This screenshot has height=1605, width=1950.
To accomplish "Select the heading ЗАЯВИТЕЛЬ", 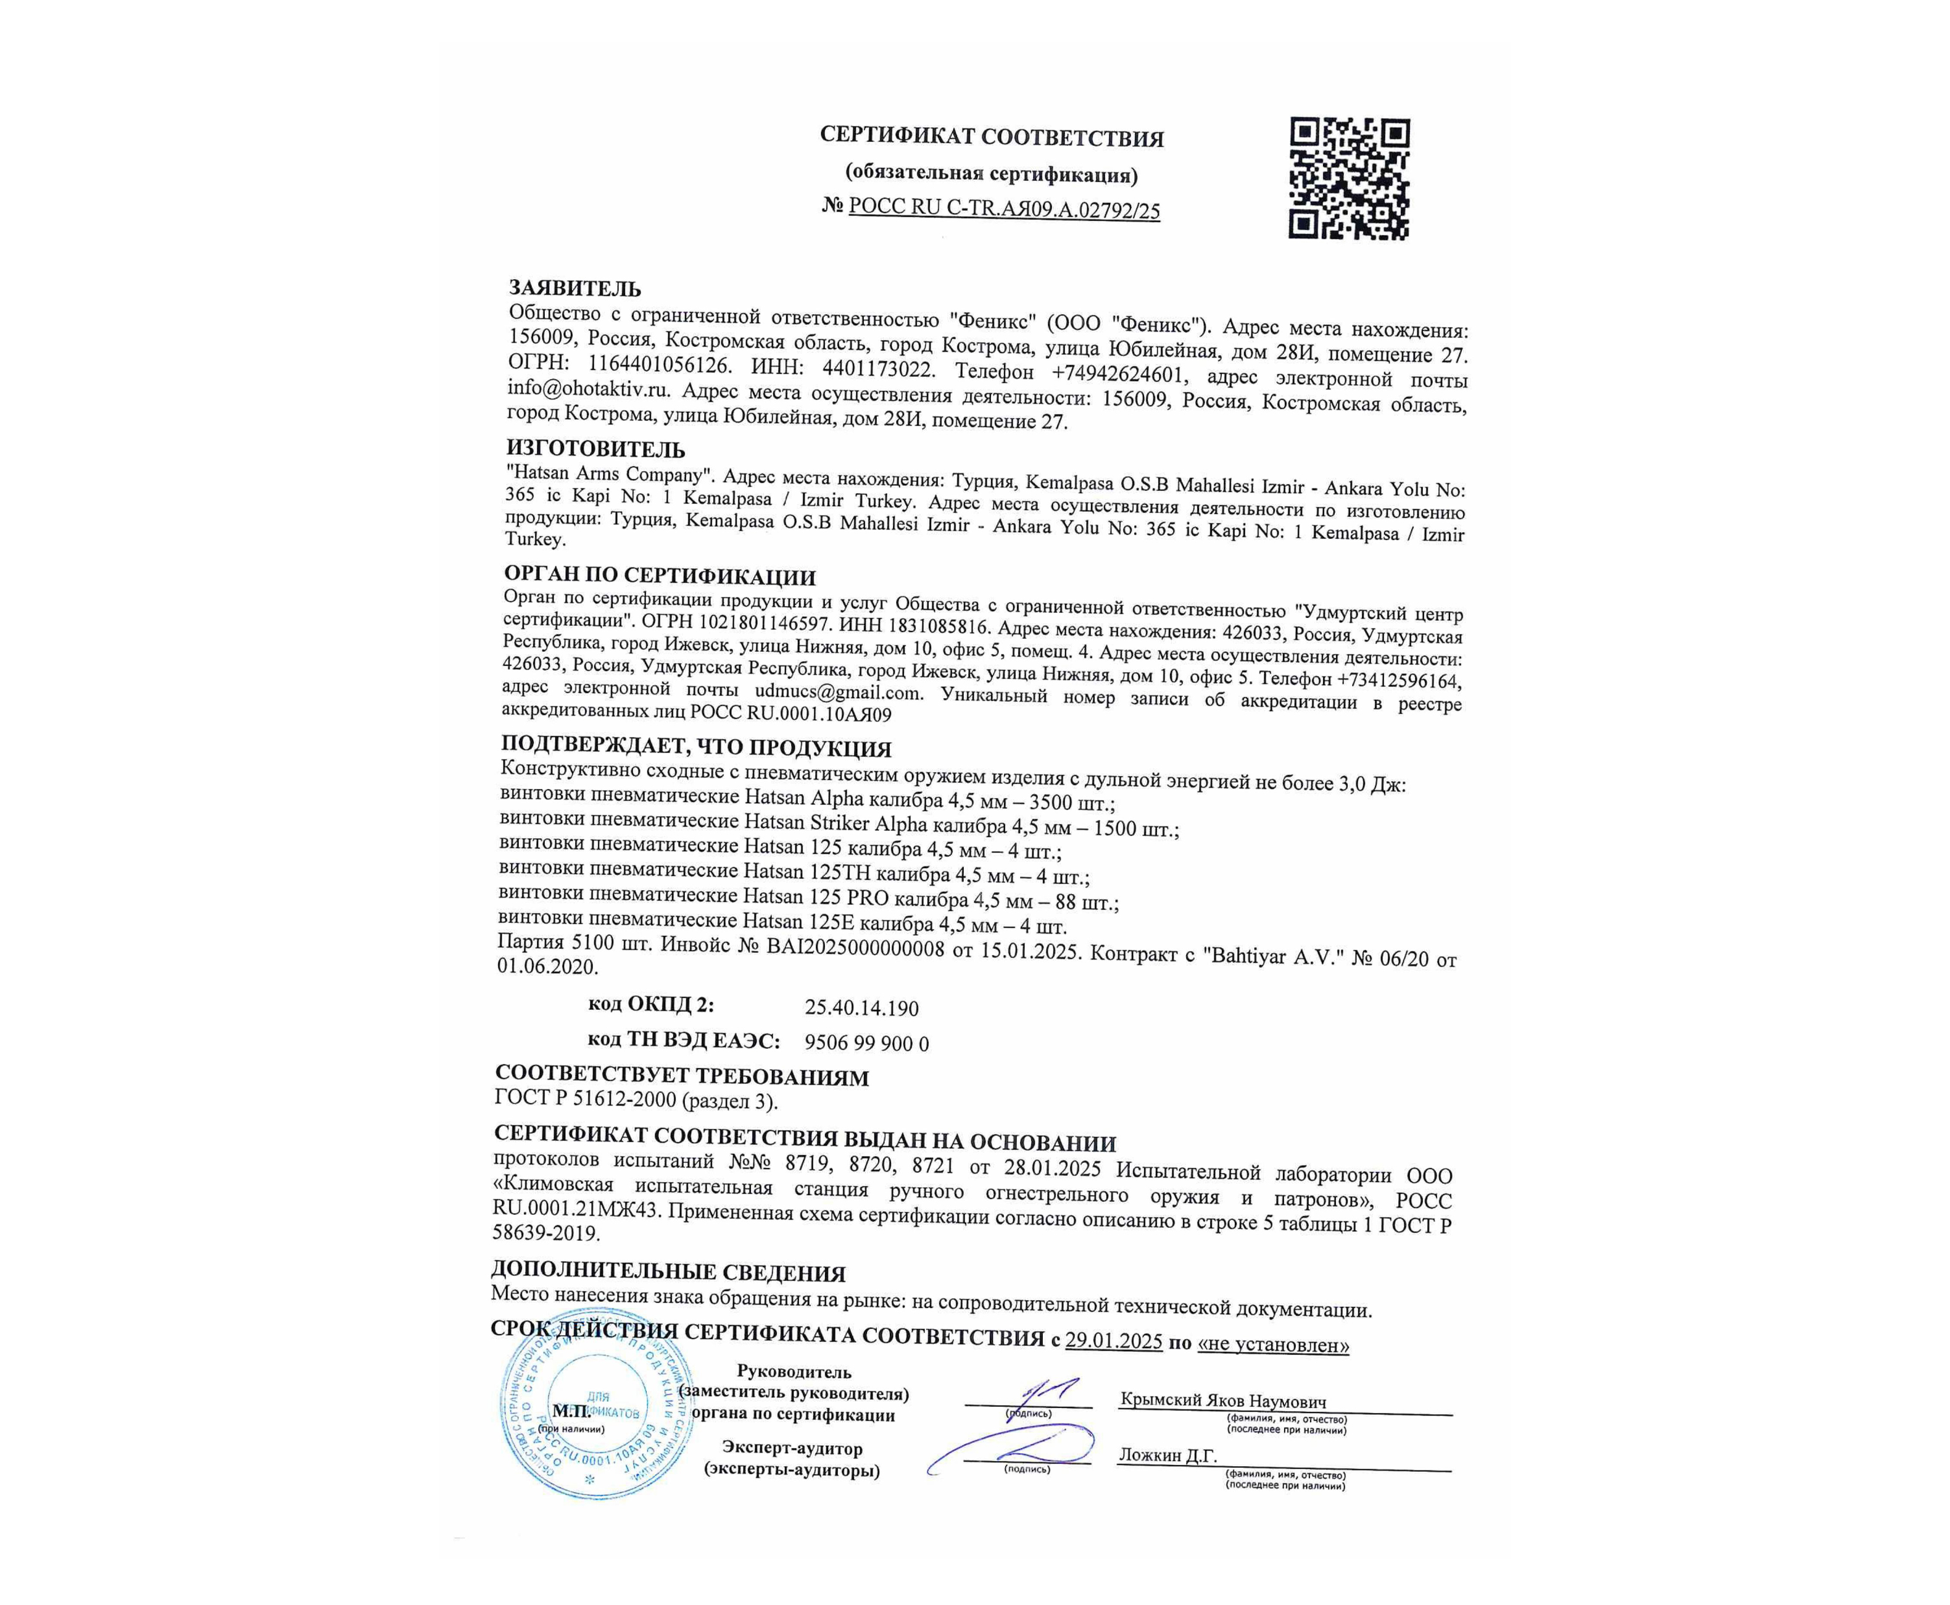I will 575,288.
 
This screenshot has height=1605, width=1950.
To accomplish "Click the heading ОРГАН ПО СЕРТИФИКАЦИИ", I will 659,576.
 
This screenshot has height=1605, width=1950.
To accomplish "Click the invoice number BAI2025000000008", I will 856,949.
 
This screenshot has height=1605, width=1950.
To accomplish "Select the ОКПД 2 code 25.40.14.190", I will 861,1007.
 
